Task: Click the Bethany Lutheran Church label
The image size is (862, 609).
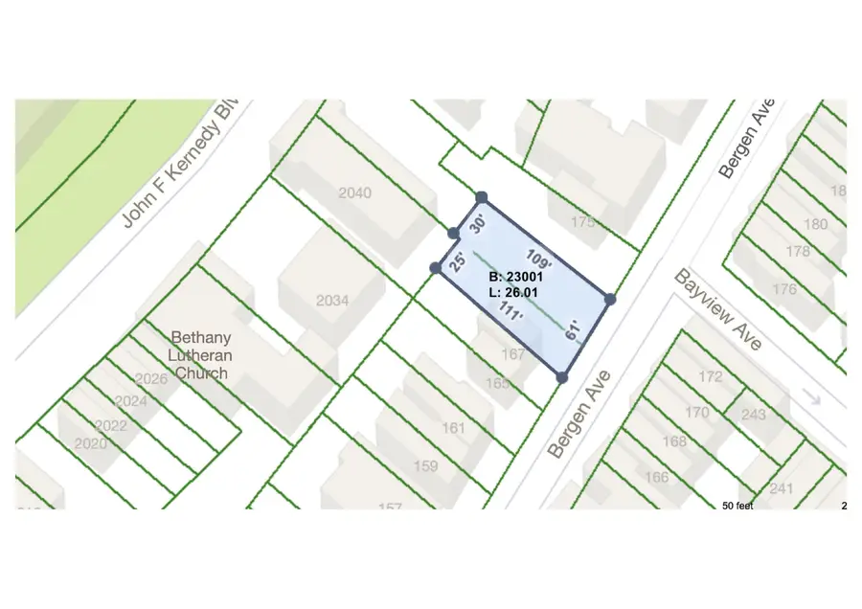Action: pos(200,355)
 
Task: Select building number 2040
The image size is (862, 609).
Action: pos(354,193)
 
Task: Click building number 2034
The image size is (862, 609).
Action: pos(331,301)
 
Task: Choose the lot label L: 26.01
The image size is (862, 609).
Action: pos(512,292)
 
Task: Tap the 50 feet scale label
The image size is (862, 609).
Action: pos(737,505)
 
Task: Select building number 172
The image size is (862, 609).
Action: pos(710,376)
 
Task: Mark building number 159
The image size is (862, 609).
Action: pos(424,466)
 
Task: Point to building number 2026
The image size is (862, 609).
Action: pos(151,379)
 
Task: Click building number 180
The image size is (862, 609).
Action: pos(815,224)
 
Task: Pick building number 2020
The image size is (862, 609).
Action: pos(90,444)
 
